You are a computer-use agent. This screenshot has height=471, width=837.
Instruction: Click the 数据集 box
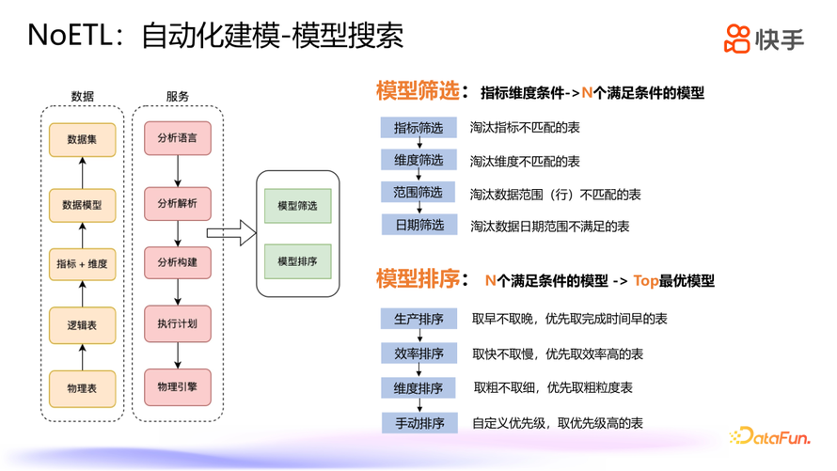82,140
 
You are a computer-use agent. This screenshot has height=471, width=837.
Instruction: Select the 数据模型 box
82,204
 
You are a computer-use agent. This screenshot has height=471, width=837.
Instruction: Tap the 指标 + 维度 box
82,264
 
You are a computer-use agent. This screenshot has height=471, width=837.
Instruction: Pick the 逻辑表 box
82,324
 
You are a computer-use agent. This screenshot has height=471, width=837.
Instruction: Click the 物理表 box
82,388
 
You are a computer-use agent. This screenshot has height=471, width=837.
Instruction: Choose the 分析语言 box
178,139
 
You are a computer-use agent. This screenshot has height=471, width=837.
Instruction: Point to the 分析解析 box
178,203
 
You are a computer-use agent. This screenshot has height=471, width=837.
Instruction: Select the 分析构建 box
178,262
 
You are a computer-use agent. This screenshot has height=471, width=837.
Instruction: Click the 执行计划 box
178,323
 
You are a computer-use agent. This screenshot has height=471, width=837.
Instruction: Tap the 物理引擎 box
178,386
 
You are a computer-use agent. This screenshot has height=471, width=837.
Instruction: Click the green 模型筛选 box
297,206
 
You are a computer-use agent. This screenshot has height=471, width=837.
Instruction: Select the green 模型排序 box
297,260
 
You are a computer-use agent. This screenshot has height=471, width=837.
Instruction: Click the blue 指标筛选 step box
418,128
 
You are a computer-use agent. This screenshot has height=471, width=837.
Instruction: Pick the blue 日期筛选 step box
418,226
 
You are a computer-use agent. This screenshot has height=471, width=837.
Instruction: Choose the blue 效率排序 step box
418,353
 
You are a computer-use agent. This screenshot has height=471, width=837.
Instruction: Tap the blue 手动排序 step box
418,423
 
